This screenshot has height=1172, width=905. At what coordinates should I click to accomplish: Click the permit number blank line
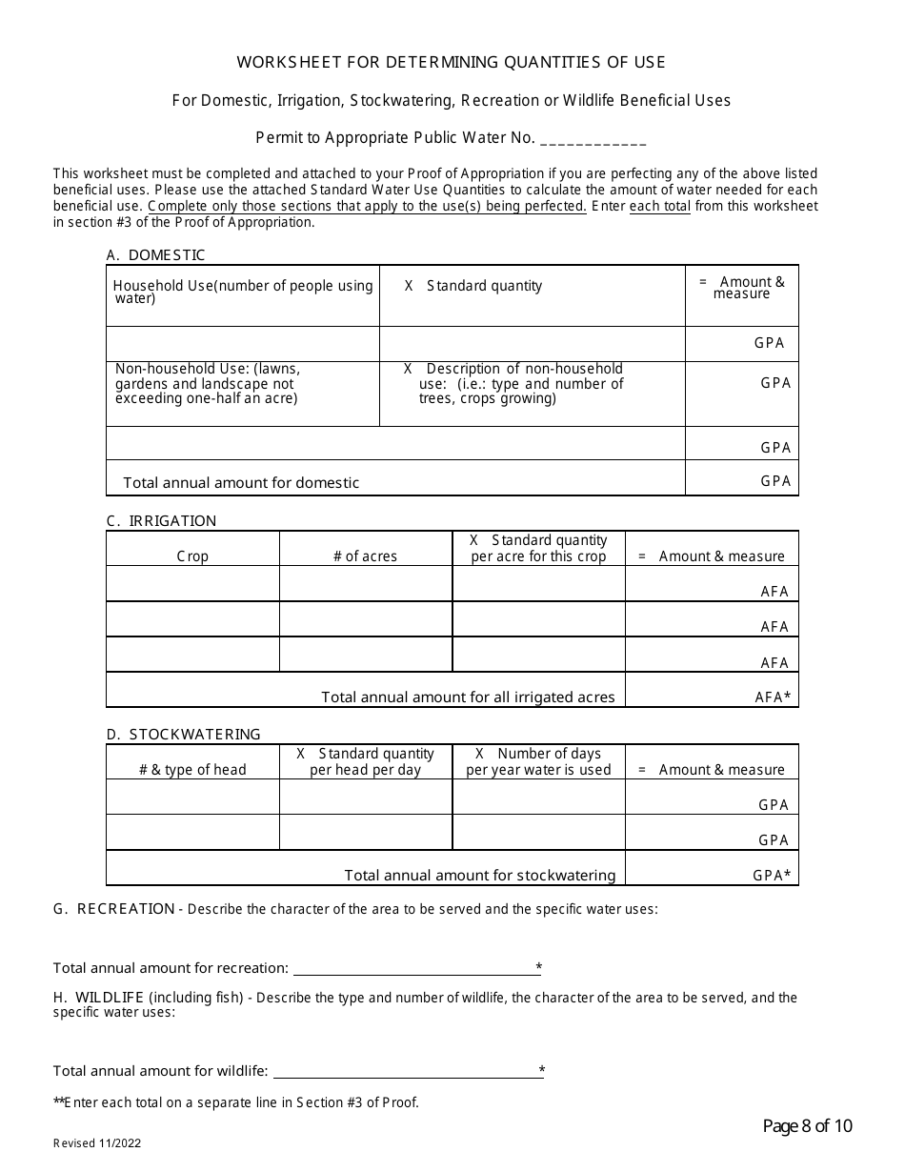593,139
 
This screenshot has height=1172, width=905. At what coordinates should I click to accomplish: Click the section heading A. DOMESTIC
155,255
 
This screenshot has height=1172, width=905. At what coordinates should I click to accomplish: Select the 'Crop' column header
192,556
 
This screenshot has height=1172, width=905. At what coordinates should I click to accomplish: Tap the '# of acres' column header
365,556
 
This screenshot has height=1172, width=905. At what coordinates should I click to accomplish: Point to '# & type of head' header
192,770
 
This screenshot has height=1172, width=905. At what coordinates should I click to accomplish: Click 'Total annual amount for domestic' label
241,483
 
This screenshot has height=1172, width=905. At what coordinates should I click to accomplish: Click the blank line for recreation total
416,969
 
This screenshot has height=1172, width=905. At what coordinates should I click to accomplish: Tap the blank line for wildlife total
407,1072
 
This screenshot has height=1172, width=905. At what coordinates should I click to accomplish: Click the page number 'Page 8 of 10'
807,1127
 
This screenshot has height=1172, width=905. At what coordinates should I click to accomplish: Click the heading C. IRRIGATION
161,521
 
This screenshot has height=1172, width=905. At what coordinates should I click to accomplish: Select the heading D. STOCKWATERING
183,735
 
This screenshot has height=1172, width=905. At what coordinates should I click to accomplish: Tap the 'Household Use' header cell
243,293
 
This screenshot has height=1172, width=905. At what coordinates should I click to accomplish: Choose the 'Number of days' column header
538,761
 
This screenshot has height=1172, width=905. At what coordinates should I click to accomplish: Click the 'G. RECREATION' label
113,909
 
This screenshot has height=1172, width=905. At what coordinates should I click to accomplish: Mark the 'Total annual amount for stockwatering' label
479,876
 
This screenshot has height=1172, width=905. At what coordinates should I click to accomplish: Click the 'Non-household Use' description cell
208,383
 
